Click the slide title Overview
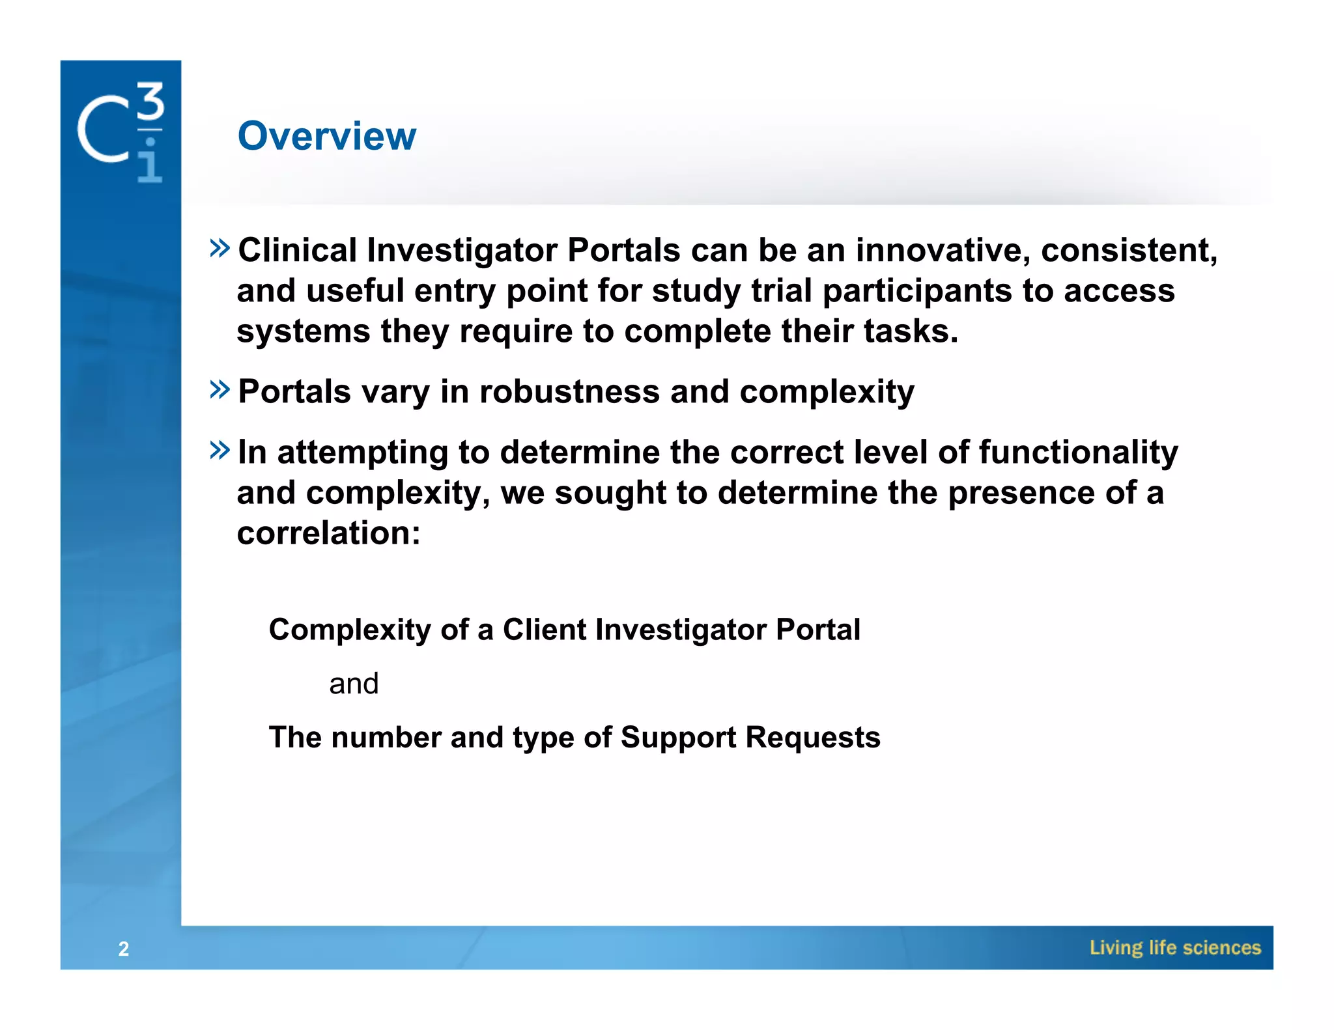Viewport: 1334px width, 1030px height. coord(326,136)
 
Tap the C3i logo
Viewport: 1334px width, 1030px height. coord(121,132)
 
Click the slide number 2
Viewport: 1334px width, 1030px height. coord(124,949)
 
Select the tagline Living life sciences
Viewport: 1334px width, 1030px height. coord(1175,948)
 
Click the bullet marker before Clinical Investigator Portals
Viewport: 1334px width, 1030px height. coord(220,248)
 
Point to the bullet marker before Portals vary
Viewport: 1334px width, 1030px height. coord(220,389)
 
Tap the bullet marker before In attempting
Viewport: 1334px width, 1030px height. coord(220,450)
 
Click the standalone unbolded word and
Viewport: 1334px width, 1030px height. coord(354,684)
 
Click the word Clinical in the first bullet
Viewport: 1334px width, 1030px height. coord(297,251)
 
